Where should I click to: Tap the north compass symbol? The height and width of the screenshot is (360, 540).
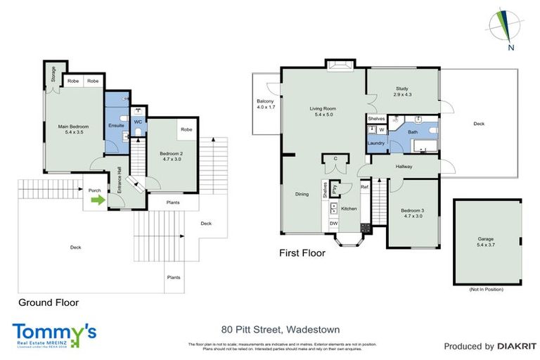point(505,28)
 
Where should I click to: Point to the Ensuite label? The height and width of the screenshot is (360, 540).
point(116,125)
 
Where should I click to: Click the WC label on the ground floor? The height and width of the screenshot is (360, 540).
point(138,122)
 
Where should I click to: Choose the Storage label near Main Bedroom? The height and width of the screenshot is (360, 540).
point(54,74)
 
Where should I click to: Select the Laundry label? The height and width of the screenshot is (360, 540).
point(375,143)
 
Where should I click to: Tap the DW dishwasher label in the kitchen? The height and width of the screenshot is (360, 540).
point(333,224)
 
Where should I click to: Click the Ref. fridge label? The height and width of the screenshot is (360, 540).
point(364,187)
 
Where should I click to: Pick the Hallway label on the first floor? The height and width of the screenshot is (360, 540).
point(404,167)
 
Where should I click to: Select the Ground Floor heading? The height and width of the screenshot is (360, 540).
point(47,302)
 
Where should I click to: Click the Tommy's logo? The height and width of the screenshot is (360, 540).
point(53,333)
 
